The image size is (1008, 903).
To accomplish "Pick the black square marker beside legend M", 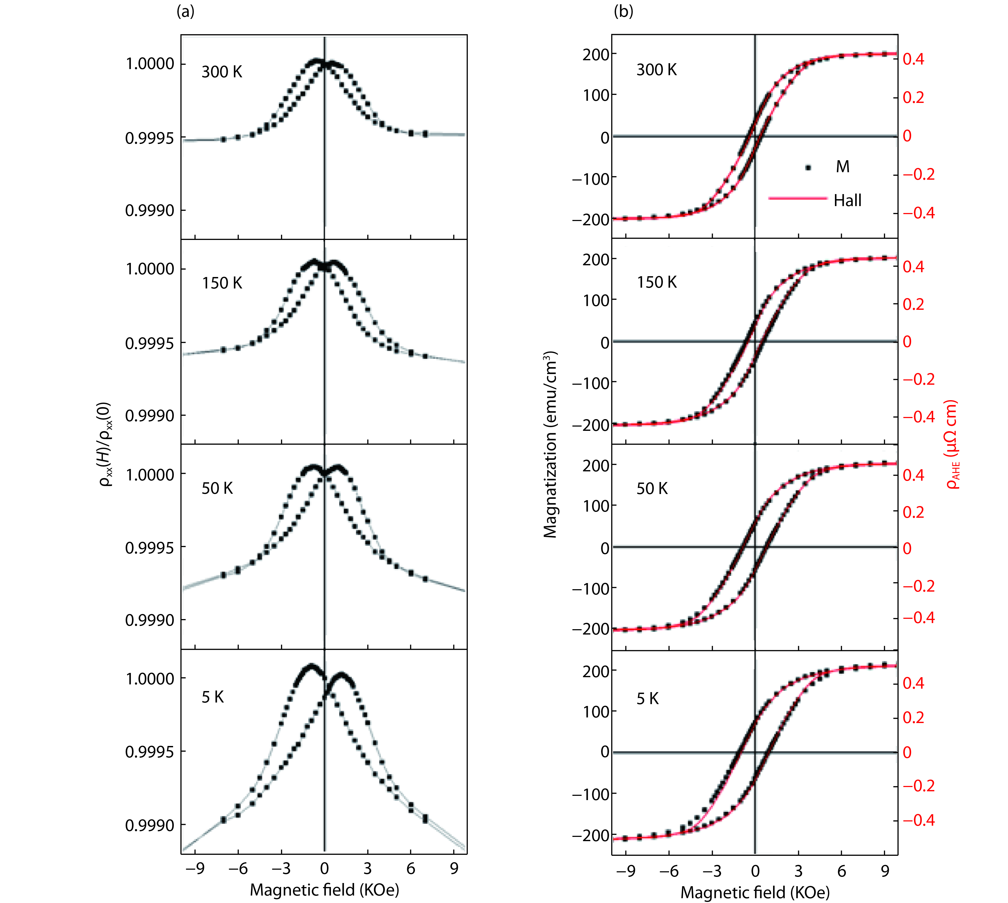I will [809, 168].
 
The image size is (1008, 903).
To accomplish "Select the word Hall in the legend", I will [847, 200].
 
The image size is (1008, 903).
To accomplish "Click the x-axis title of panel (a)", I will [324, 890].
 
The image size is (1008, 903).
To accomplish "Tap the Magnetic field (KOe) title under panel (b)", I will [754, 892].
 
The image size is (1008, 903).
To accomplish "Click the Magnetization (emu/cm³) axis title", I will [550, 444].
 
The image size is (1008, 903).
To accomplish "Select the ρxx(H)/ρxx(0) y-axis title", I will [107, 444].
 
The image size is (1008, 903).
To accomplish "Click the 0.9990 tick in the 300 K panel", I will [149, 210].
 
